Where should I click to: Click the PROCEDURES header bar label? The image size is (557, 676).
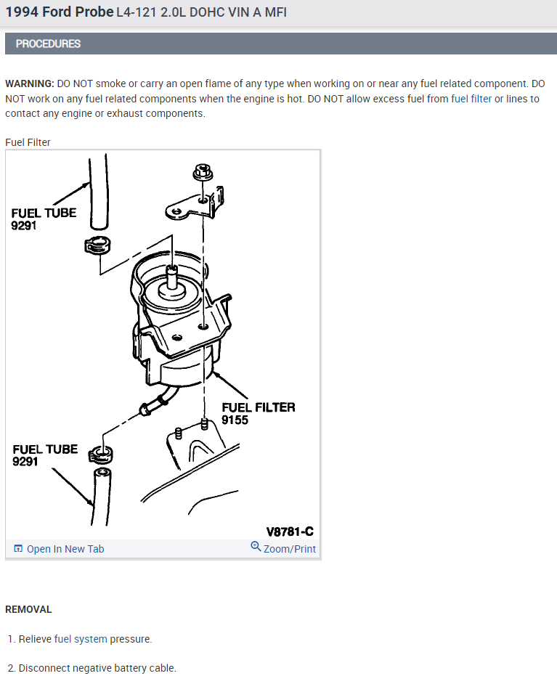[x=48, y=44]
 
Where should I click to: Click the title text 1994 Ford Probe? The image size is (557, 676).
[x=59, y=12]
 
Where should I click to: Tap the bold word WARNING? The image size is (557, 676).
[x=29, y=84]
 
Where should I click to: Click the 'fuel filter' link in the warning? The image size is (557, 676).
[x=471, y=99]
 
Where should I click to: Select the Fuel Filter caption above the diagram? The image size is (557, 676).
[x=28, y=142]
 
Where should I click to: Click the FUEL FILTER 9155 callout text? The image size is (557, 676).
[x=258, y=413]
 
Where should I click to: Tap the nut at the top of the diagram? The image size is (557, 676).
[x=203, y=174]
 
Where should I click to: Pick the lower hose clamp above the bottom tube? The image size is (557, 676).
[x=102, y=455]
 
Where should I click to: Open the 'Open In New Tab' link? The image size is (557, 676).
[x=65, y=549]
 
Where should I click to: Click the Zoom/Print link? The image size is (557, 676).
[x=289, y=549]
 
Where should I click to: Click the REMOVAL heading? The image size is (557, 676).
[x=28, y=609]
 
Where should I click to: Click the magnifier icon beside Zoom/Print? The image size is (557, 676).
[x=256, y=547]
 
